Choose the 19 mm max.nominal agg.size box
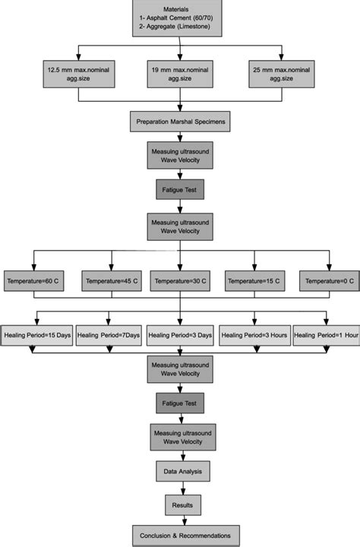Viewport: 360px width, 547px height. click(x=179, y=75)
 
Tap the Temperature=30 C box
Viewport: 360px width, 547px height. click(x=179, y=281)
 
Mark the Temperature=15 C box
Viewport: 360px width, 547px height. click(x=253, y=281)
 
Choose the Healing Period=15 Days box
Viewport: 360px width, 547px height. click(x=37, y=334)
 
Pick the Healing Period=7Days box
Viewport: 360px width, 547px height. click(x=108, y=334)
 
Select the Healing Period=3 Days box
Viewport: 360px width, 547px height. click(x=179, y=334)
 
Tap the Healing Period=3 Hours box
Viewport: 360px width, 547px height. click(x=253, y=334)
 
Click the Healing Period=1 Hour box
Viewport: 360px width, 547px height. click(x=325, y=334)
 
